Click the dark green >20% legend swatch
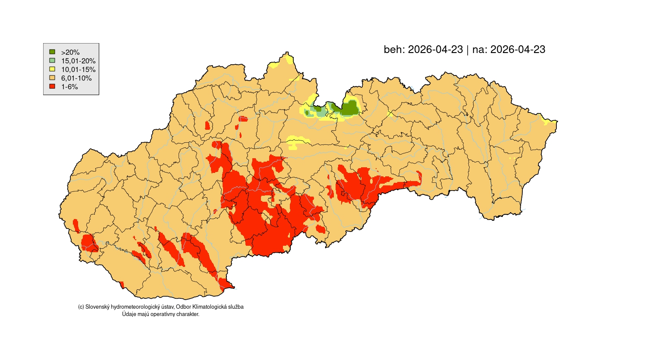tap(52, 52)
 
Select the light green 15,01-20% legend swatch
tap(52, 60)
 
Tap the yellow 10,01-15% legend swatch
tap(52, 69)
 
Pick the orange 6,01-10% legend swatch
tap(52, 78)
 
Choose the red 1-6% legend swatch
tap(52, 86)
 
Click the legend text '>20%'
tap(70, 52)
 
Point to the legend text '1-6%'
tap(69, 87)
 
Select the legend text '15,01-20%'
tap(78, 61)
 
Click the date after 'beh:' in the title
tap(435, 50)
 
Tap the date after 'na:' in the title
tap(518, 50)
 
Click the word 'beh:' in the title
tap(394, 50)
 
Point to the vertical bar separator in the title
tap(468, 50)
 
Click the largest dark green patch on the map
tap(350, 108)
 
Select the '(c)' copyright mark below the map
tap(81, 307)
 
